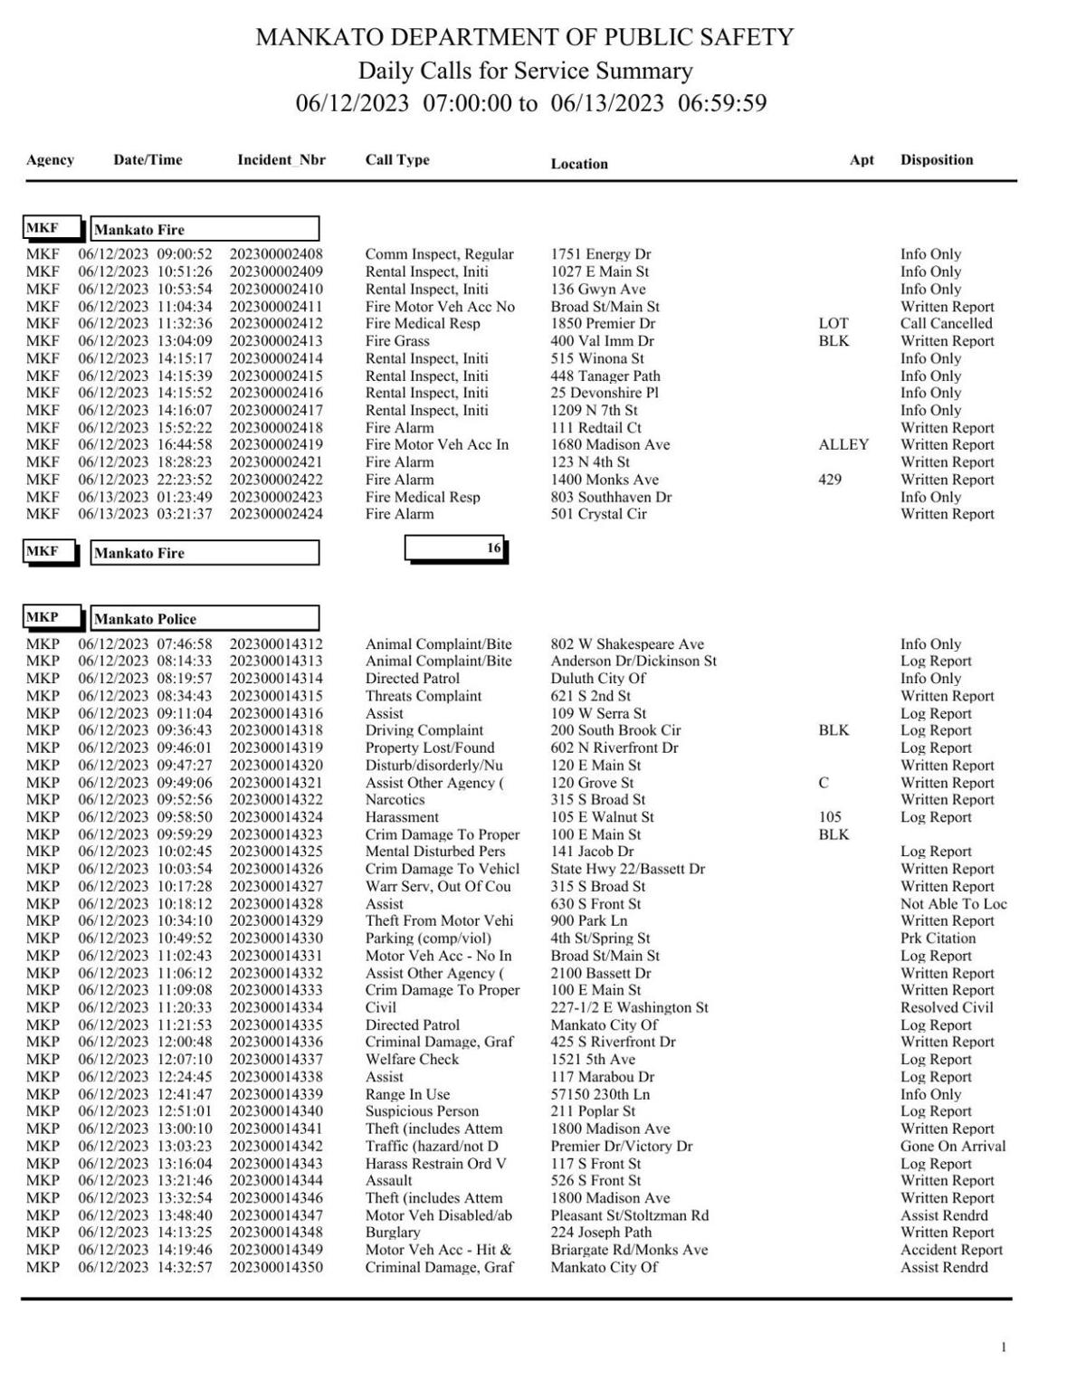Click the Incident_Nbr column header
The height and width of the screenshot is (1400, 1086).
pos(281,160)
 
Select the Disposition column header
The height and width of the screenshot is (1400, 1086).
pos(936,160)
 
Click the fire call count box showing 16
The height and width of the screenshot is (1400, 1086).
pos(455,548)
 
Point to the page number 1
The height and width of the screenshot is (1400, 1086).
pos(1003,1348)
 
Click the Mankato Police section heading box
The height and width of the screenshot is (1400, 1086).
pos(205,619)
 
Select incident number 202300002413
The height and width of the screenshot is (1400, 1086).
pos(275,341)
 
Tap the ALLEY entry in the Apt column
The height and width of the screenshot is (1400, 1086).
pos(843,444)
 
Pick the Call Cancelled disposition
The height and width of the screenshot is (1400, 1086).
pos(946,323)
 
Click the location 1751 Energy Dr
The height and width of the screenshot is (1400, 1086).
pos(600,254)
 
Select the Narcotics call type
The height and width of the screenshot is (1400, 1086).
pos(395,799)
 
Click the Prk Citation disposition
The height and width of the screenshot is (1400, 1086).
pos(938,938)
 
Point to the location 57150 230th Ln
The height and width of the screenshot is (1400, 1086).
pos(601,1094)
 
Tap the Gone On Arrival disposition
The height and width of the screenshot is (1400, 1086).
pos(952,1146)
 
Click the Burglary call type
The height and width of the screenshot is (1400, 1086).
pos(392,1232)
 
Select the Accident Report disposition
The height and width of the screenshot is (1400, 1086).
pos(950,1250)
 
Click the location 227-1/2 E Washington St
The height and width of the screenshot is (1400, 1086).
pos(629,1007)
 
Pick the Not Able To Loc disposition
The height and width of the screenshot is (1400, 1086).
pos(953,903)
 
